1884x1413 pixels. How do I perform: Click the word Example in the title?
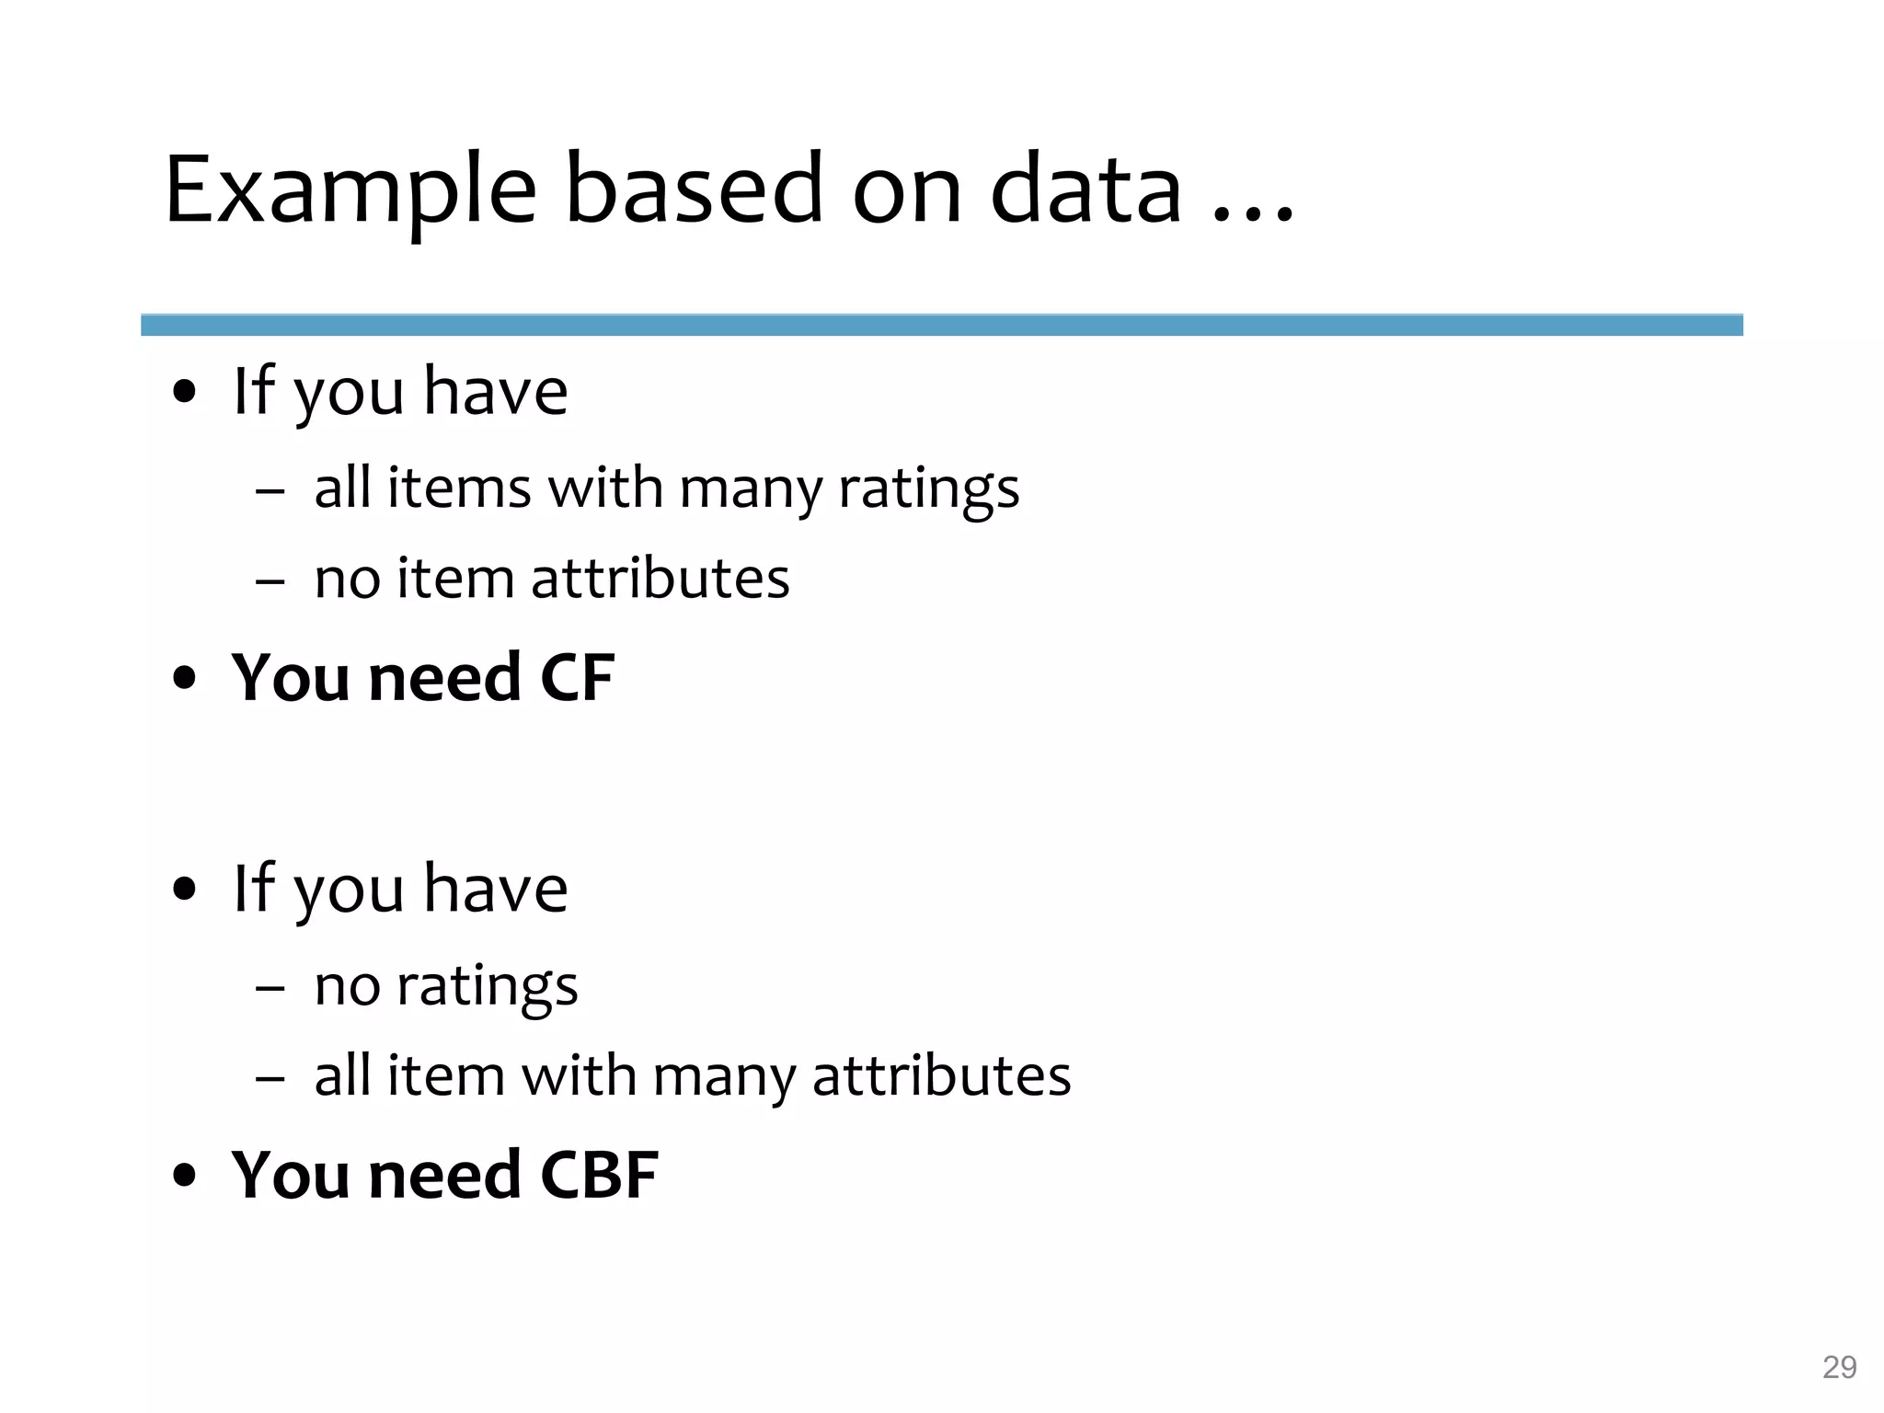point(350,190)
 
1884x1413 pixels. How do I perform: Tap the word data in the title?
point(1086,190)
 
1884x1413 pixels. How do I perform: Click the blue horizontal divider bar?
point(941,325)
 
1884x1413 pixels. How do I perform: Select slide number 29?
point(1839,1367)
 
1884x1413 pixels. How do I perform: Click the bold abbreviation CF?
point(578,678)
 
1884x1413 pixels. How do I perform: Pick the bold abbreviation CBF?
point(599,1175)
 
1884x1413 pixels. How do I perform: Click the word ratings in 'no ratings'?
point(487,985)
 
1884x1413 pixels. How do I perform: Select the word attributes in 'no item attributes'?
point(660,579)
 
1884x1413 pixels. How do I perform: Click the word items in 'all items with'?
point(458,488)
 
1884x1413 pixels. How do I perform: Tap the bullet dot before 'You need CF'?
point(185,680)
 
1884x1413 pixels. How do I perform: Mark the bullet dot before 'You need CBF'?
point(185,1177)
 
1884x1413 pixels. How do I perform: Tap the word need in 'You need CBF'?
point(444,1175)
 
